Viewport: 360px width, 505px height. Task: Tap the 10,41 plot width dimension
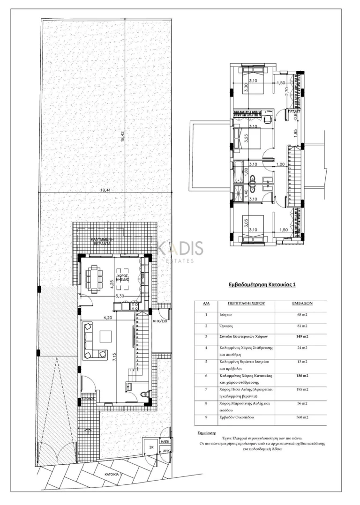(106, 190)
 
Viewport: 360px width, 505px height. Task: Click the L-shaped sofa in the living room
(89, 341)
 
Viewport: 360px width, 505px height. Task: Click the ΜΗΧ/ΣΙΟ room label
(160, 321)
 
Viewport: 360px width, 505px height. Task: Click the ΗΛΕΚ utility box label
(165, 441)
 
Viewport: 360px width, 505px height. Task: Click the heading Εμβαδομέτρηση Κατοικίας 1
(261, 284)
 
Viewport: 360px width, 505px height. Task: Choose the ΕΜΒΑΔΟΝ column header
(302, 303)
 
